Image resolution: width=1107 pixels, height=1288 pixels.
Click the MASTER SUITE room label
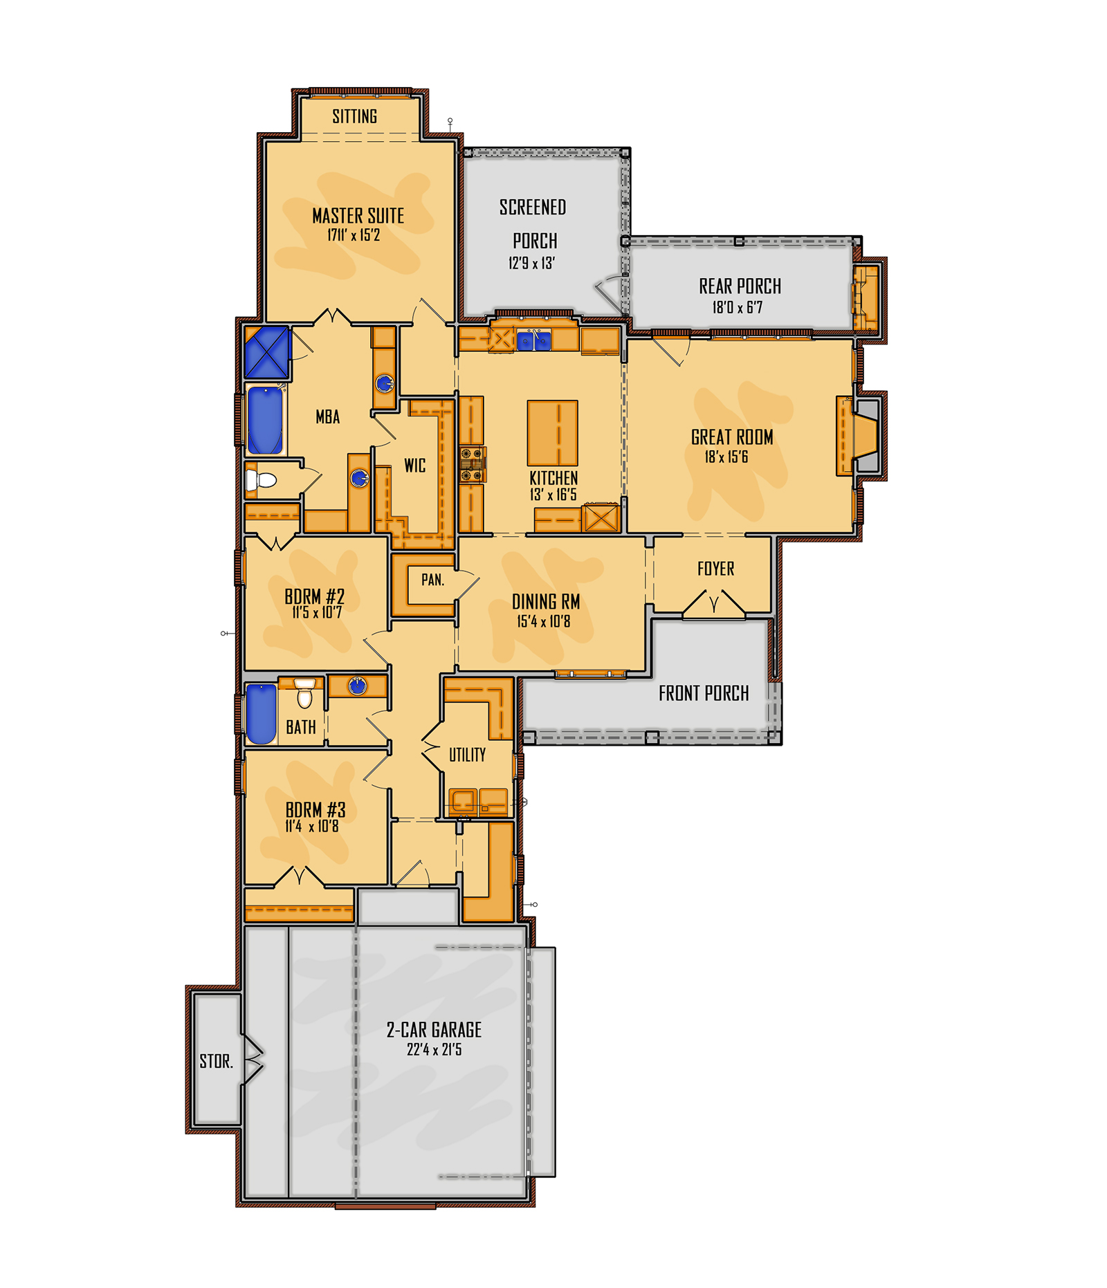pyautogui.click(x=358, y=216)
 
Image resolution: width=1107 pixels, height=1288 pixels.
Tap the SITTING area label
pyautogui.click(x=354, y=116)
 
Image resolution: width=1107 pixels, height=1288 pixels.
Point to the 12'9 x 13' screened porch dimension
pyautogui.click(x=531, y=263)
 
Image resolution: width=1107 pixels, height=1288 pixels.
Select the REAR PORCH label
pyautogui.click(x=740, y=286)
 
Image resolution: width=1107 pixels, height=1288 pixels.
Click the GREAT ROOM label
pyautogui.click(x=732, y=437)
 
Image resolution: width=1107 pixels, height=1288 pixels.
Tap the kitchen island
pyautogui.click(x=552, y=432)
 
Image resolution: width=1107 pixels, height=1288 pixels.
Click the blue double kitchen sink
pyautogui.click(x=533, y=340)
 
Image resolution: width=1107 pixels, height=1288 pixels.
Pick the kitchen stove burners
pyautogui.click(x=473, y=463)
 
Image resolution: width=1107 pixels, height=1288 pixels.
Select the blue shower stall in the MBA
pyautogui.click(x=266, y=352)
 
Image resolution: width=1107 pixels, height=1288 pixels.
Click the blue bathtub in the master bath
pyautogui.click(x=265, y=420)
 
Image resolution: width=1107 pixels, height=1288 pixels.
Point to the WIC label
pyautogui.click(x=415, y=466)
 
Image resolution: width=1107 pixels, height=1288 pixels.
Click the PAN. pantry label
pyautogui.click(x=432, y=580)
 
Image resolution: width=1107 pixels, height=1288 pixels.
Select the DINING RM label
pyautogui.click(x=546, y=602)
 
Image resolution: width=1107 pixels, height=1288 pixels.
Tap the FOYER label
pyautogui.click(x=715, y=569)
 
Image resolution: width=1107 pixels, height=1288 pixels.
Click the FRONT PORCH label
pyautogui.click(x=704, y=693)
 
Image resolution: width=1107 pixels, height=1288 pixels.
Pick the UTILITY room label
pyautogui.click(x=467, y=755)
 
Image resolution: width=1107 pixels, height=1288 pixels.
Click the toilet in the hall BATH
pyautogui.click(x=304, y=694)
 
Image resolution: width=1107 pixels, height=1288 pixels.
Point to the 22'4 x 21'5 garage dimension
pyautogui.click(x=434, y=1049)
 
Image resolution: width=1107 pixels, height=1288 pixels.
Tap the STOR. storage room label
pyautogui.click(x=216, y=1061)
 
